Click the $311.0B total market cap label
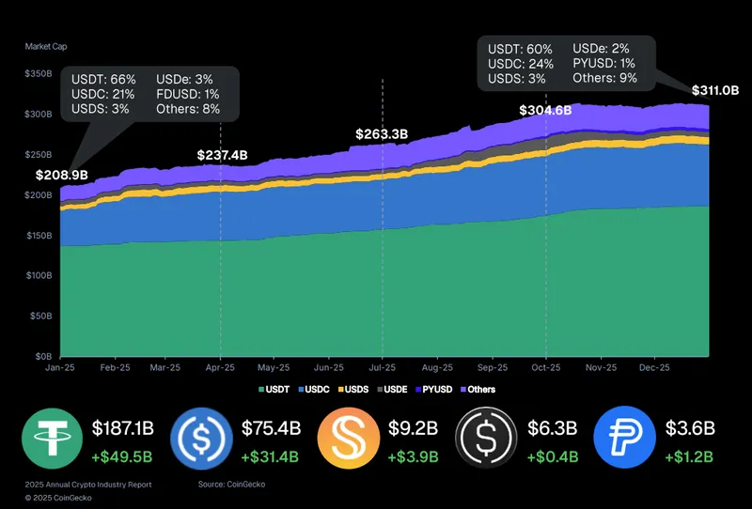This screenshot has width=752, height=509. tap(715, 91)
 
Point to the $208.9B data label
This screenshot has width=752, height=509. tap(62, 175)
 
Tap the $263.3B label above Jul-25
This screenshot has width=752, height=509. tap(382, 134)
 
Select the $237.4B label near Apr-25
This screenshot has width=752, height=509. tap(223, 155)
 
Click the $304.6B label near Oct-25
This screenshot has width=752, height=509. tap(545, 111)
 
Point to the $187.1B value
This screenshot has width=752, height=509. tap(123, 429)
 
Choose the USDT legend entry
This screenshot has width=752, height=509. tap(274, 389)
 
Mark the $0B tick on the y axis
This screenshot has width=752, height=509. tap(44, 358)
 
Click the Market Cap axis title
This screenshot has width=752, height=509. tap(46, 46)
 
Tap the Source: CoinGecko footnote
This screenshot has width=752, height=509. tap(230, 484)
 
